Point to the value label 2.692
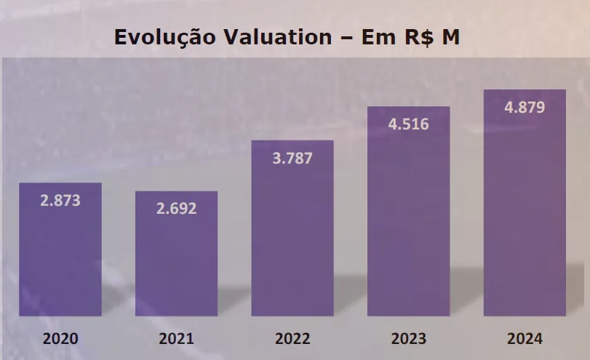tap(176, 209)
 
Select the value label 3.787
tap(292, 158)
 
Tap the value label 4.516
tap(408, 124)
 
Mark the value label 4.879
tap(525, 108)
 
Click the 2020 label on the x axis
tap(60, 338)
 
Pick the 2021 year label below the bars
tap(176, 338)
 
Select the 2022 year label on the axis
tap(292, 338)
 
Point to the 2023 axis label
tap(408, 338)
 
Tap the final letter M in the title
tap(450, 37)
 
